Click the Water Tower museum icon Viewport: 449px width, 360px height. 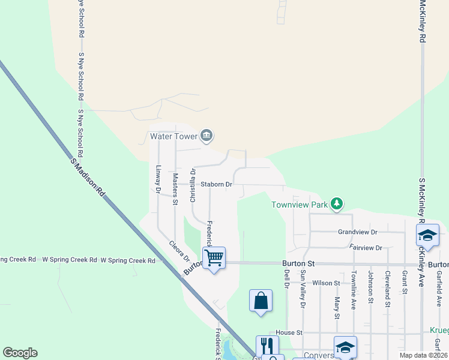tap(206, 136)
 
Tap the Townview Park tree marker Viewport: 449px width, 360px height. tap(337, 205)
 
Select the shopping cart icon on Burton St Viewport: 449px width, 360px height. tap(214, 259)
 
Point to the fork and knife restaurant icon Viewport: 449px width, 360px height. tap(267, 346)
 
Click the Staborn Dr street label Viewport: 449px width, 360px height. tap(217, 184)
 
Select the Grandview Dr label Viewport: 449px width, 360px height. tap(357, 232)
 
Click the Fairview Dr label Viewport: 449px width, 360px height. tap(366, 247)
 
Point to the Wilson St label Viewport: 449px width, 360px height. tap(327, 283)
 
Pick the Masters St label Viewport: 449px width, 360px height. tap(175, 189)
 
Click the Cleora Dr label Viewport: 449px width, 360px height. tap(179, 251)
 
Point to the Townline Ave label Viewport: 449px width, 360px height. tap(354, 289)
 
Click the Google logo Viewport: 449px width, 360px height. tap(20, 353)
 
